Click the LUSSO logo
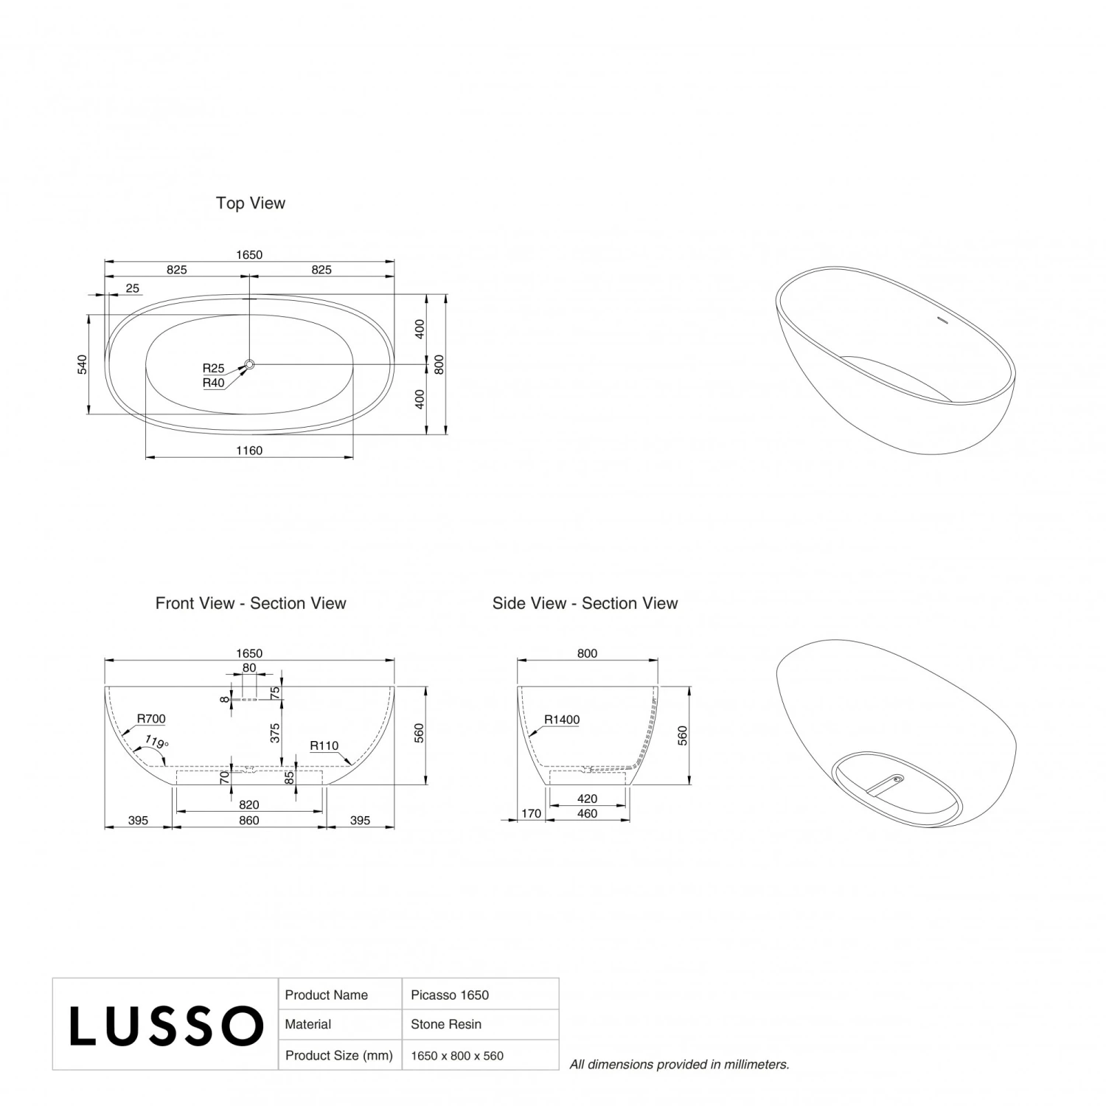167,1026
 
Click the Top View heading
251,204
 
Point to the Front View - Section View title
251,603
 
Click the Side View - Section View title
585,603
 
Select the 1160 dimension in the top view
249,451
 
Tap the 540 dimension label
83,364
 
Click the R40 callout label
214,383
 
